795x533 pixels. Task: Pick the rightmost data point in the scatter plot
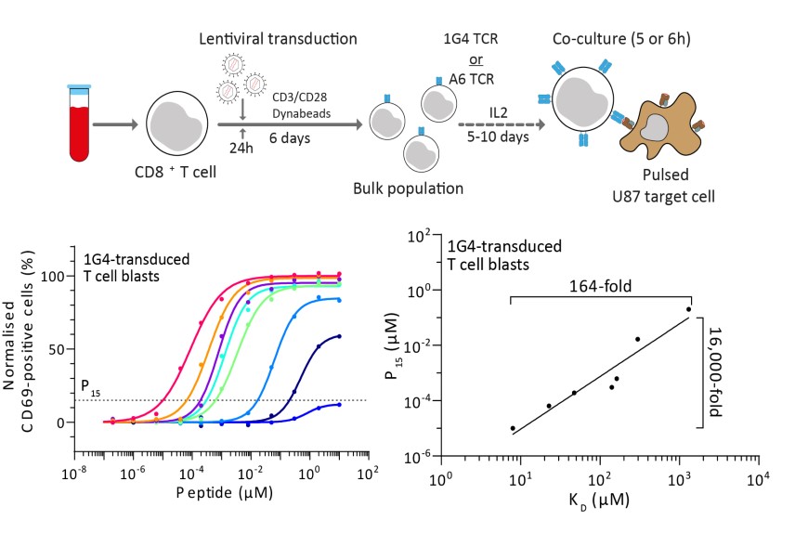pos(688,309)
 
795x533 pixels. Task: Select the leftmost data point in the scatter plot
pos(513,428)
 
